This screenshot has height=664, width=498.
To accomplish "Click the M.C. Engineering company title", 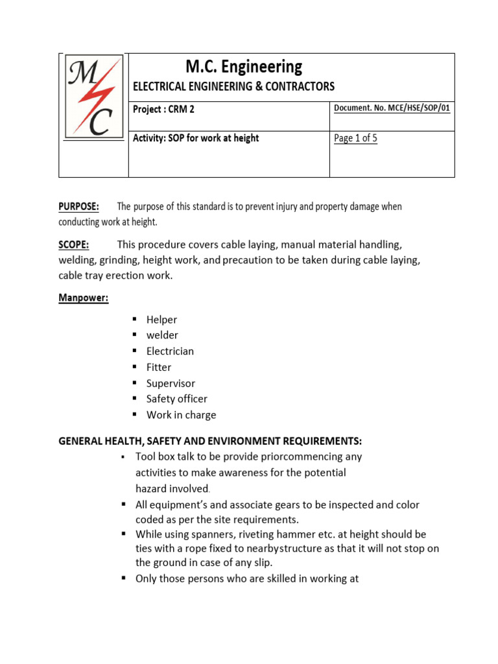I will [243, 67].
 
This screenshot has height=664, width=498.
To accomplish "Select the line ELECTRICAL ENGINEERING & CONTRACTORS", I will [233, 86].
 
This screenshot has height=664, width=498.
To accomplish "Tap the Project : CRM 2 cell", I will [163, 110].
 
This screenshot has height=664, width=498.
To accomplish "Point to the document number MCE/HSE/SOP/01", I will [392, 108].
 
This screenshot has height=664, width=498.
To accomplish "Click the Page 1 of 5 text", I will [355, 138].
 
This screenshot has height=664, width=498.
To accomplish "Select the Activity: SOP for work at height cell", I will [196, 138].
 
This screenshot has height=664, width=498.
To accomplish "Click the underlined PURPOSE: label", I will [79, 206].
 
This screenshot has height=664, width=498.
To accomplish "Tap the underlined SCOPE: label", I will [75, 244].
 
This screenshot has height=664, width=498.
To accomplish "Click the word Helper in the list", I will [161, 320].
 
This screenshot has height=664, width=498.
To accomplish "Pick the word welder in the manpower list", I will [162, 335].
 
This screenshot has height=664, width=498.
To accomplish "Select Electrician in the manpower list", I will [170, 351].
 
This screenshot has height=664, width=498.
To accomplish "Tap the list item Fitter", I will [159, 367].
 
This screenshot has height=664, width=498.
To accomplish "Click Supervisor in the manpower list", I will [171, 383].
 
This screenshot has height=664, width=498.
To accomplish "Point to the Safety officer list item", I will [176, 399].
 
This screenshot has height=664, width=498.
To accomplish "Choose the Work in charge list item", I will [181, 415].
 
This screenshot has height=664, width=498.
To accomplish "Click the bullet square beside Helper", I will [135, 319].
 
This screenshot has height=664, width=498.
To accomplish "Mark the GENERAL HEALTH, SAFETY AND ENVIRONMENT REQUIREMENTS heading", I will [210, 441].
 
